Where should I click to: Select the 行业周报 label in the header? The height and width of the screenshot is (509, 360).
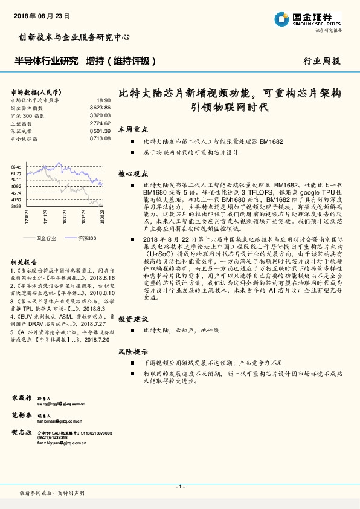(321, 62)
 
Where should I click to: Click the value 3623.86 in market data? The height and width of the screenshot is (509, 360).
(100, 107)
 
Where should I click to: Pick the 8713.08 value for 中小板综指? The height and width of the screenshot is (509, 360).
(100, 138)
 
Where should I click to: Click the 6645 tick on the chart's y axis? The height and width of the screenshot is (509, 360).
(16, 166)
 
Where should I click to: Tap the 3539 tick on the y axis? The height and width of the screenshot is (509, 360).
(16, 206)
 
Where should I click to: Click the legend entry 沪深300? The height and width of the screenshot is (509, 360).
(86, 238)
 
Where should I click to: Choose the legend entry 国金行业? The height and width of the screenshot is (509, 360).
(46, 238)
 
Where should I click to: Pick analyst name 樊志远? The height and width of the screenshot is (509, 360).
(21, 432)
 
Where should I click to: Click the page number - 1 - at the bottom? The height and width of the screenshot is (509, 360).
(179, 487)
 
